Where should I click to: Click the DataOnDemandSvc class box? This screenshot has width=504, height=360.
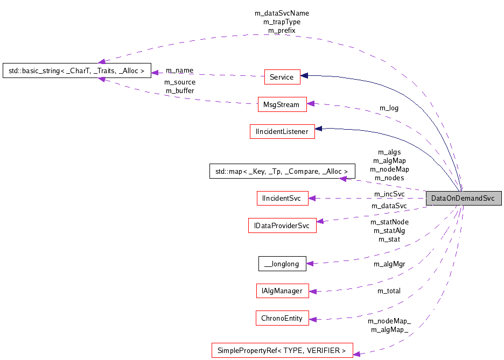[x=463, y=198]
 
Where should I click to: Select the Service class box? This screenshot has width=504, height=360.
[x=282, y=77]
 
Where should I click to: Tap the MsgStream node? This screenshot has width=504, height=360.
[x=282, y=104]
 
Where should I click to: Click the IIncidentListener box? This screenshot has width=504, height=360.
[x=282, y=131]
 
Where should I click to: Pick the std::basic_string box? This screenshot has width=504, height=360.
[x=76, y=70]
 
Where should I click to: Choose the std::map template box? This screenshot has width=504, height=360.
[x=282, y=172]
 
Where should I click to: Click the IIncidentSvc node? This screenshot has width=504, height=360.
[x=282, y=199]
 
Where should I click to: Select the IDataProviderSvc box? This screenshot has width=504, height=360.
[x=282, y=225]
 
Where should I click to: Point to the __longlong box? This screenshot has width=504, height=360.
[x=282, y=264]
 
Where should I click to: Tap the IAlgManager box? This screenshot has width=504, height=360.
[x=282, y=291]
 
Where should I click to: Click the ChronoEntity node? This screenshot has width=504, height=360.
[x=282, y=318]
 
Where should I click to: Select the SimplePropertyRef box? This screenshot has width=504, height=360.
[x=282, y=351]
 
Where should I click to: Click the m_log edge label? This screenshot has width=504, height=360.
[x=389, y=108]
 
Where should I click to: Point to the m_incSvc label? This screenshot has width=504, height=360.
[x=389, y=194]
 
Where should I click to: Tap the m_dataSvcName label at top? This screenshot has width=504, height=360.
[x=282, y=13]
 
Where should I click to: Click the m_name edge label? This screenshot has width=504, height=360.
[x=179, y=70]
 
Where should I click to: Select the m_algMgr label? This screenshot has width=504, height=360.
[x=389, y=264]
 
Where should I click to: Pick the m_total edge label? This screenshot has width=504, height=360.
[x=388, y=291]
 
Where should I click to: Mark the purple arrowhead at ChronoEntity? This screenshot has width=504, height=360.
[x=313, y=319]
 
